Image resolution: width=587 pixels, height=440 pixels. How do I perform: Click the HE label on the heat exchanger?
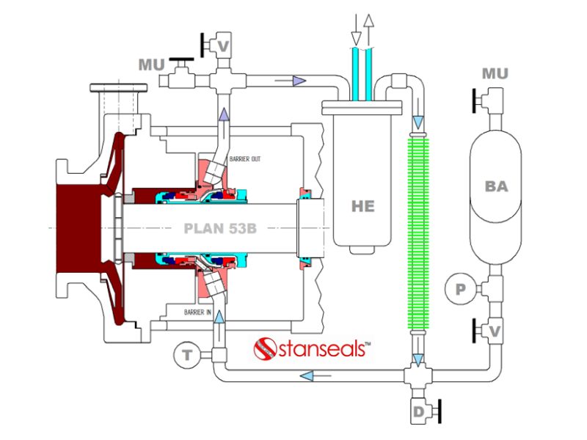tap(362, 206)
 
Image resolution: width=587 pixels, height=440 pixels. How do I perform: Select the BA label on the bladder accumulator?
tap(497, 186)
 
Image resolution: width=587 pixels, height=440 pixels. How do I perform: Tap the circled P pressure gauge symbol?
tap(461, 290)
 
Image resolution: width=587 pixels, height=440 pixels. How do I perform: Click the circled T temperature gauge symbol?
tap(187, 356)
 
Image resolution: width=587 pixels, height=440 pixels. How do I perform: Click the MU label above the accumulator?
tap(496, 74)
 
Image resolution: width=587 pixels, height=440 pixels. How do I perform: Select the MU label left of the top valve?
tap(151, 65)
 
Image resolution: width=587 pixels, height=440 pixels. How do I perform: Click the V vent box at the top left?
tap(224, 46)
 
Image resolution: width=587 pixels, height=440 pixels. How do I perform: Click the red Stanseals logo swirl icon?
tap(263, 348)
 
